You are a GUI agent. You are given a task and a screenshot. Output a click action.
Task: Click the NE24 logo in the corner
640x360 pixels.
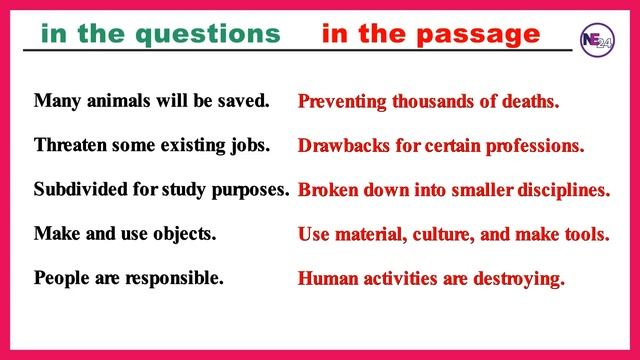[x=601, y=39]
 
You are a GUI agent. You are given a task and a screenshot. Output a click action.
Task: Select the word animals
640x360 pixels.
[x=111, y=101]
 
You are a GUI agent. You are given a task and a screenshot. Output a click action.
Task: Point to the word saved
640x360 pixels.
[x=244, y=101]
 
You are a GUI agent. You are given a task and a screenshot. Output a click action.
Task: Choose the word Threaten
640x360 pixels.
[x=72, y=145]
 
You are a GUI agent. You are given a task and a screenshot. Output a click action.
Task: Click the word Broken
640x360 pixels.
[x=328, y=190]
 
